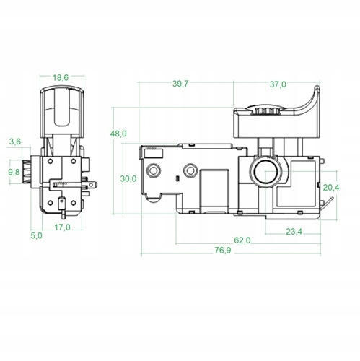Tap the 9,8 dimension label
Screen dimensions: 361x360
click(14, 173)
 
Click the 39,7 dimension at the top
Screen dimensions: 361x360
click(180, 84)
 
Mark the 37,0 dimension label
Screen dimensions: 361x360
click(278, 84)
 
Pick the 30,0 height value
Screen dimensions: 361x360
click(128, 178)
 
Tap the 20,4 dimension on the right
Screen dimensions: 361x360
click(331, 187)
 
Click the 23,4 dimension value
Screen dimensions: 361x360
click(293, 231)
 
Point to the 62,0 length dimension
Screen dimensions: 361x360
click(242, 240)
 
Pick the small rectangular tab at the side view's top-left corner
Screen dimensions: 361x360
click(153, 152)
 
